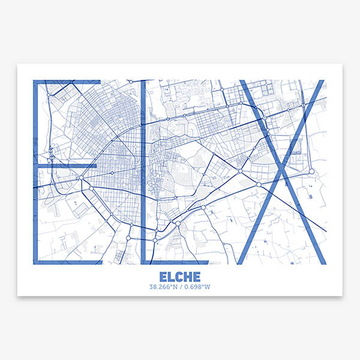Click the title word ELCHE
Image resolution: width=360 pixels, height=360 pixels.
180,277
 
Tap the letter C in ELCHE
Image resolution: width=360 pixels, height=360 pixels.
179,277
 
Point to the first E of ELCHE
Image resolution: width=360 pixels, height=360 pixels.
164,277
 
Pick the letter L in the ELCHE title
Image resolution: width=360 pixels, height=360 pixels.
172,277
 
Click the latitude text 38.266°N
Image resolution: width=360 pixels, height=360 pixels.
164,287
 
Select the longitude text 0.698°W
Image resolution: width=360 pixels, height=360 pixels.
197,287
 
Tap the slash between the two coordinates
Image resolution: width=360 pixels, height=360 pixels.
181,287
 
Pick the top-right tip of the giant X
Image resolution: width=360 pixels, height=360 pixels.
320,82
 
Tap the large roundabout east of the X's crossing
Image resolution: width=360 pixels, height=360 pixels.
311,172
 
